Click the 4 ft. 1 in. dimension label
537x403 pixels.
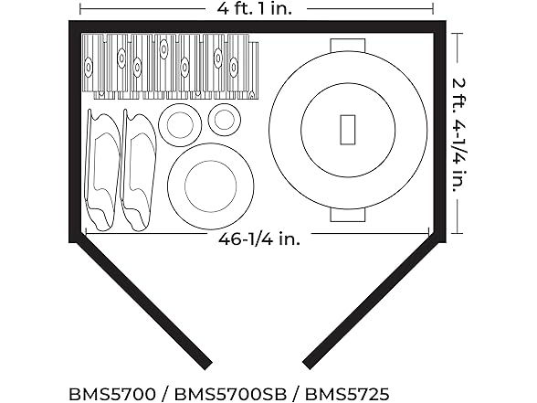pos(255,8)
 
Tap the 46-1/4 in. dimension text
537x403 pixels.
pos(259,239)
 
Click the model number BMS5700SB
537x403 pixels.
pos(230,394)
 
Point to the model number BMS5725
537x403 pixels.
pos(347,394)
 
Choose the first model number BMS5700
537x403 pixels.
pos(112,394)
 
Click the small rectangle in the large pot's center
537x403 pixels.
pos(348,130)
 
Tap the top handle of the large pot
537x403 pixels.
pos(348,46)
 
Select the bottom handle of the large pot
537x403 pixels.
pos(348,214)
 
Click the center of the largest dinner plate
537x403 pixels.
pos(211,186)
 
